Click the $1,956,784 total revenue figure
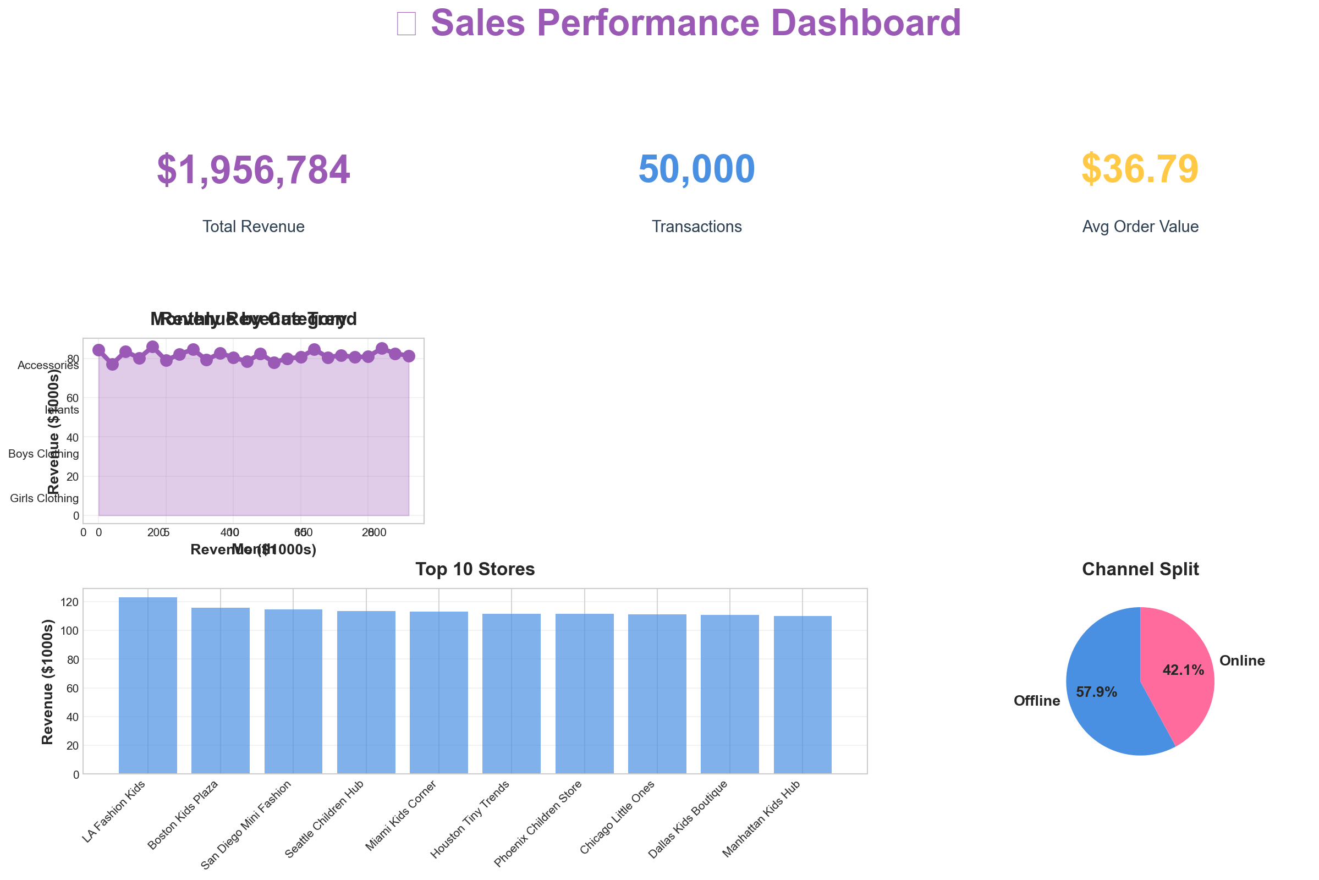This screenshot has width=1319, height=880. [x=253, y=170]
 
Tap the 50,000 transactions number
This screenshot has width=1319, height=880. [x=696, y=170]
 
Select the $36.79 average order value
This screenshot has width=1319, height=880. [x=1139, y=170]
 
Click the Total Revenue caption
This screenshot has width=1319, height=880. [x=253, y=227]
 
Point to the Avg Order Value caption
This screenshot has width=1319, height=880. [x=1140, y=227]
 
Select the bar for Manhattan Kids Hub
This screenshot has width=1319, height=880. [x=802, y=696]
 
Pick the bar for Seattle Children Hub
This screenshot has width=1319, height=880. [x=366, y=693]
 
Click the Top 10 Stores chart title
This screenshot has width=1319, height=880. [x=475, y=570]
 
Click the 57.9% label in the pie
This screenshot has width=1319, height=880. [x=1096, y=692]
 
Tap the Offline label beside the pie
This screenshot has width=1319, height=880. [x=1037, y=701]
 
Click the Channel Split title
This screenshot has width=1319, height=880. [x=1140, y=570]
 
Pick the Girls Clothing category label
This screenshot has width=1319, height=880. [x=45, y=498]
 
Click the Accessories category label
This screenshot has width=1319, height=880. [x=48, y=365]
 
